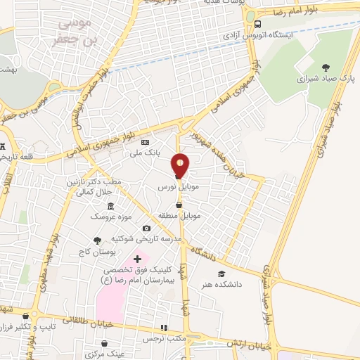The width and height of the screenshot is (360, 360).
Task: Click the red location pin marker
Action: click(x=181, y=166)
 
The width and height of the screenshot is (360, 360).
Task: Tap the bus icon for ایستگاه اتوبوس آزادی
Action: click(x=258, y=23)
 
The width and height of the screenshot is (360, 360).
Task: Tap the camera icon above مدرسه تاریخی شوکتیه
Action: click(x=146, y=228)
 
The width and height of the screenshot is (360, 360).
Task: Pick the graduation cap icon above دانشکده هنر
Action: click(x=221, y=274)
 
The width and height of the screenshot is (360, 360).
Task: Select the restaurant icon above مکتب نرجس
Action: click(x=163, y=328)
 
